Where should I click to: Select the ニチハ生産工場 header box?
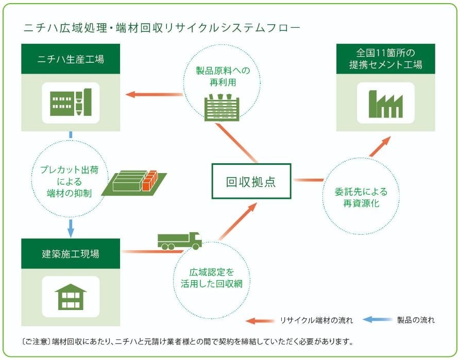[71, 59]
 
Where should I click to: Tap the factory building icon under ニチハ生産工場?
[71, 102]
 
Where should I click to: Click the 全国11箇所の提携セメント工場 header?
[385, 59]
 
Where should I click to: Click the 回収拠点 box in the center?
[251, 181]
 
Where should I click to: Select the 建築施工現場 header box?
[71, 253]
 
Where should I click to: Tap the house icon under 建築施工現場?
[71, 296]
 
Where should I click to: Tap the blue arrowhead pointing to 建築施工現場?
[71, 229]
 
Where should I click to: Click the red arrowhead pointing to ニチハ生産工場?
[131, 94]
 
